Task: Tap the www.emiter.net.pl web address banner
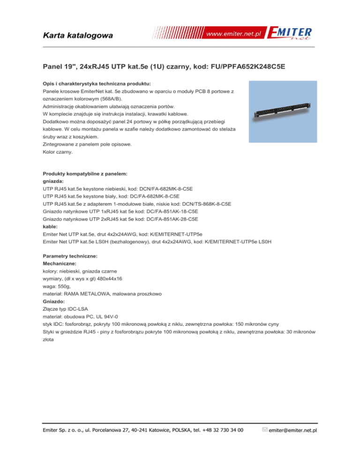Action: click(234, 34)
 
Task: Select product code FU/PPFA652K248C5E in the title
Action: click(239, 67)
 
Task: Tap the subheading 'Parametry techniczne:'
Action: click(67, 257)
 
